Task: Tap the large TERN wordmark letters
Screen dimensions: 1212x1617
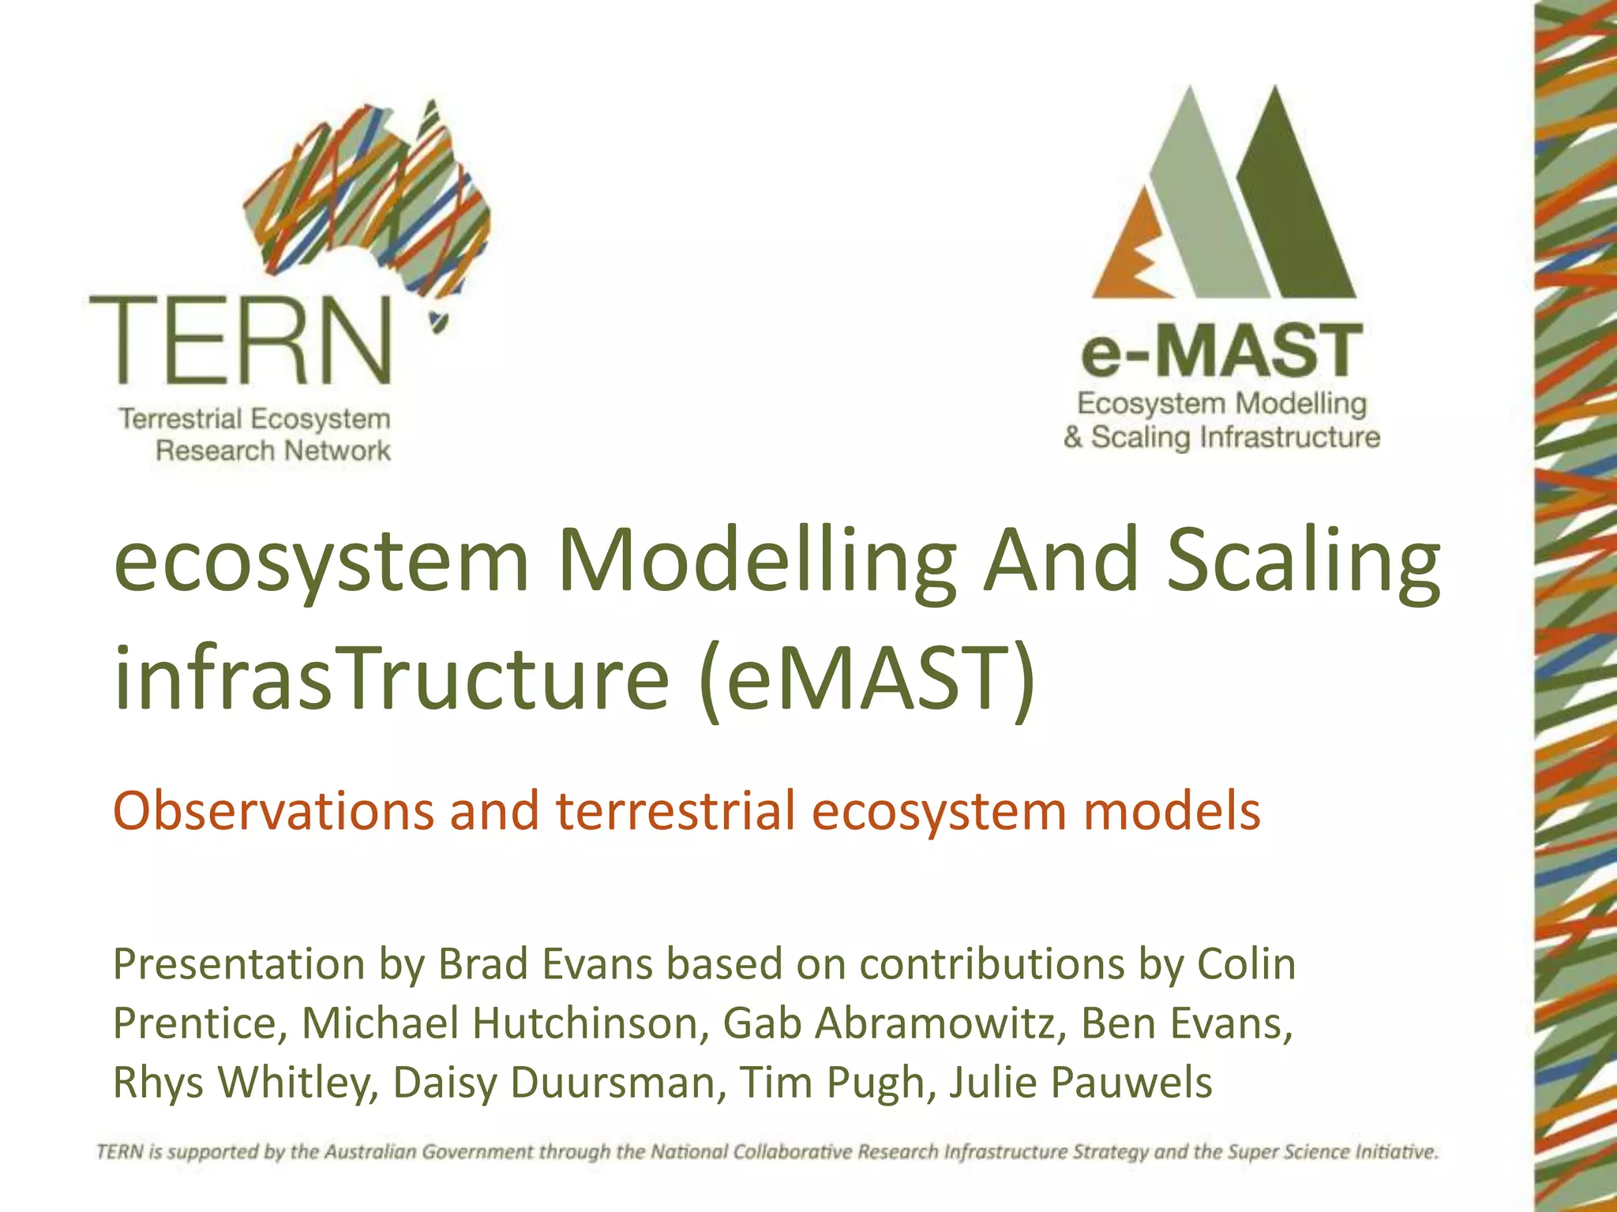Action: pyautogui.click(x=241, y=341)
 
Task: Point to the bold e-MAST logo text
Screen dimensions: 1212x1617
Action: pyautogui.click(x=1221, y=352)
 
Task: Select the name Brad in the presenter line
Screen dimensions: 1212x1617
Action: pyautogui.click(x=483, y=964)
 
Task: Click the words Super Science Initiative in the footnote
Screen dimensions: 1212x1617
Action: pyautogui.click(x=1334, y=1152)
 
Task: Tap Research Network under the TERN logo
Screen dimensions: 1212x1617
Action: pyautogui.click(x=273, y=451)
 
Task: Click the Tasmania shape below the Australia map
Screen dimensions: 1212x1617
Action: pyautogui.click(x=436, y=322)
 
